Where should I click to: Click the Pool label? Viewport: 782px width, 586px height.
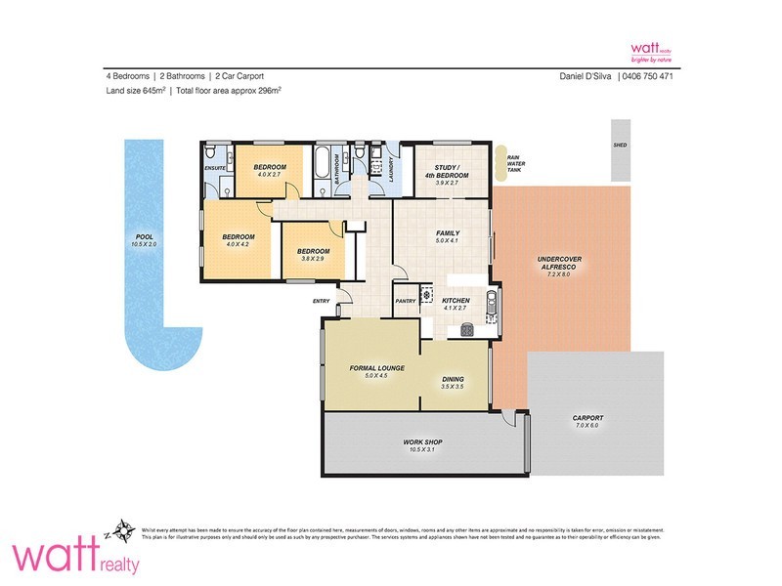(145, 236)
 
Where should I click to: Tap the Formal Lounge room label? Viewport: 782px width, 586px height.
(369, 368)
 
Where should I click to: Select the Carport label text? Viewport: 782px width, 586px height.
(588, 418)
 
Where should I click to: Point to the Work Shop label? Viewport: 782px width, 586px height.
(423, 442)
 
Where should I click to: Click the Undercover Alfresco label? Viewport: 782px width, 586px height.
(560, 263)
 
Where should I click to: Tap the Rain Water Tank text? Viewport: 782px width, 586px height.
(513, 163)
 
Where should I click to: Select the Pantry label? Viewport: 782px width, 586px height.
(406, 301)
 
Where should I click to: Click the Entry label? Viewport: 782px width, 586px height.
(322, 301)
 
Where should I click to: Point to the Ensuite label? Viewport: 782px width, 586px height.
(216, 168)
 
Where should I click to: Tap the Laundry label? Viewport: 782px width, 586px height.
(388, 167)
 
